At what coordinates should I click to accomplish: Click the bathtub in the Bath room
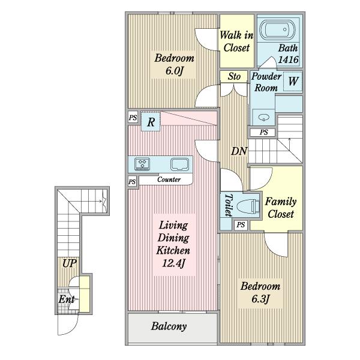point(277,30)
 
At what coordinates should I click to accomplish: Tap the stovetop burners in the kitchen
point(142,164)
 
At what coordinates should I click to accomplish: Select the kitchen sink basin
point(179,164)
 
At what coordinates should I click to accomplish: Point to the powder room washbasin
point(263,118)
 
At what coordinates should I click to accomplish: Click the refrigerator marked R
point(151,122)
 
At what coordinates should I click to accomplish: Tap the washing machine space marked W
point(293,81)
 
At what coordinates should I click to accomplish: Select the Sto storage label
point(234,76)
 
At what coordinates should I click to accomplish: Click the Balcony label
point(169,326)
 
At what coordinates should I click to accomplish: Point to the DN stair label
point(239,151)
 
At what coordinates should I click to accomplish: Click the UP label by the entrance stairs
point(70,263)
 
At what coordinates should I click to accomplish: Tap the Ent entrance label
point(67,299)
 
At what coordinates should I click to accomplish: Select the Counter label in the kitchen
point(169,179)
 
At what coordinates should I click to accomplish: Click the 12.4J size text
point(173,263)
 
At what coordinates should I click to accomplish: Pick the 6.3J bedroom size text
point(260,299)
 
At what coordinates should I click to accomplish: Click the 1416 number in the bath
point(288,59)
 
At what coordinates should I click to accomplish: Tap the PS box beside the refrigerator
point(133,118)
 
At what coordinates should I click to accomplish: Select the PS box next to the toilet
point(241,224)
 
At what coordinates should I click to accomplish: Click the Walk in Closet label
point(236,41)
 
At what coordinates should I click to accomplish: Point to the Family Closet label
point(281,208)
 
